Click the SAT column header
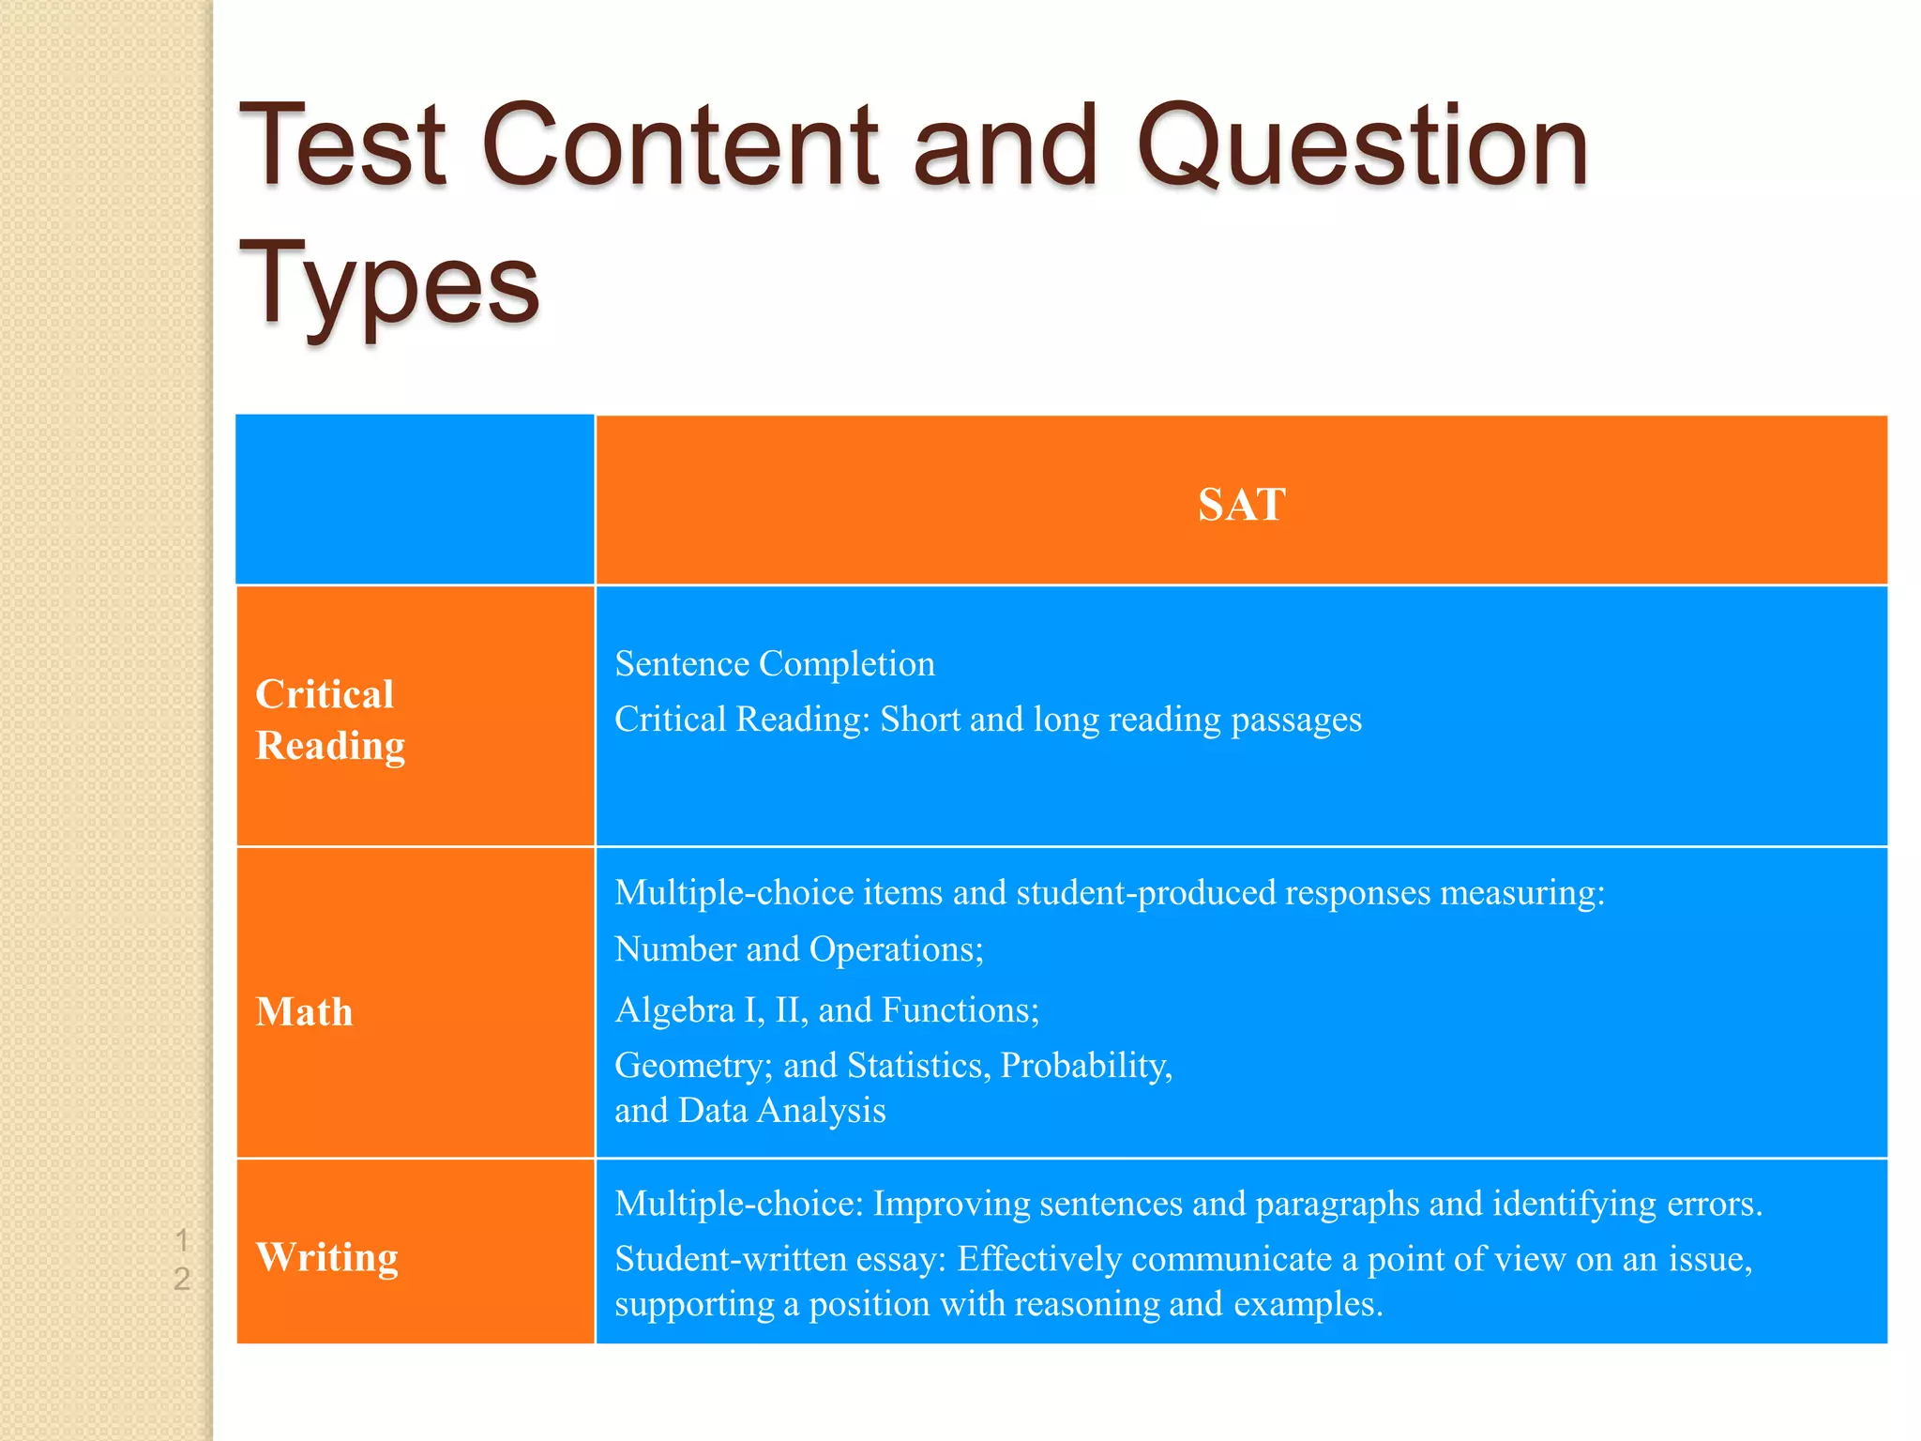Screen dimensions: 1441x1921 [1241, 505]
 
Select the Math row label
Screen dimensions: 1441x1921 [304, 1012]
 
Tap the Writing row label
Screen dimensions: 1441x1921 [326, 1257]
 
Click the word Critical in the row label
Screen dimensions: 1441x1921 [325, 694]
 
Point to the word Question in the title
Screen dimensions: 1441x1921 [1362, 146]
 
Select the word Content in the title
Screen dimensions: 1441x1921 [680, 146]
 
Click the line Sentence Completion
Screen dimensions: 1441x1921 [775, 664]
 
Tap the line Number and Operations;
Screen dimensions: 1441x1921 [799, 949]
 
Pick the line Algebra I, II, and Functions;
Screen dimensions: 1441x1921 [827, 1010]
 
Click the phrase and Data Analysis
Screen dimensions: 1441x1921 [749, 1111]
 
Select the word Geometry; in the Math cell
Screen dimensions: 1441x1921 [693, 1067]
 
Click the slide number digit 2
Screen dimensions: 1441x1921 [182, 1279]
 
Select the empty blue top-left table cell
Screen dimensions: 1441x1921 [415, 499]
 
